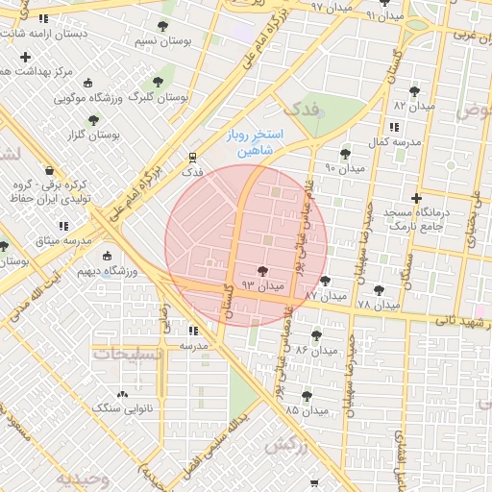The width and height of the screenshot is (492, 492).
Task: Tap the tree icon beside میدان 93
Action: coord(262,273)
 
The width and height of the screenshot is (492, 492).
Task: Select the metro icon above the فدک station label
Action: coord(192,158)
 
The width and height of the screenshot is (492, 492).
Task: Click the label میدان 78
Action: coord(377,304)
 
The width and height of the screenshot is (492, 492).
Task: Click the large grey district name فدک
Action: coord(301,109)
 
